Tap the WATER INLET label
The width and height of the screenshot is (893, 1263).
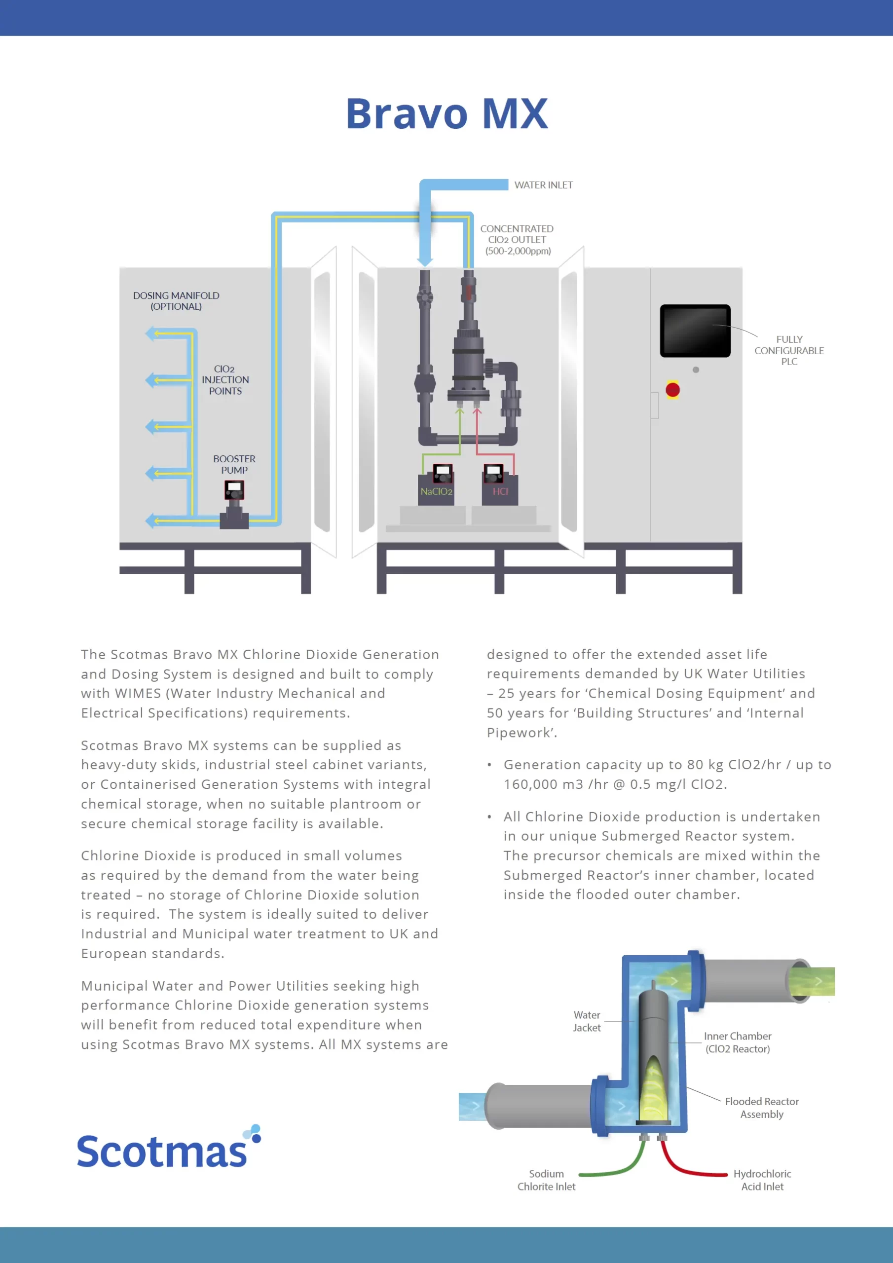pyautogui.click(x=543, y=186)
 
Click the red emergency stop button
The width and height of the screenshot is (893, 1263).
pyautogui.click(x=672, y=390)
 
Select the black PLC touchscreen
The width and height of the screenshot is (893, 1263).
pyautogui.click(x=695, y=331)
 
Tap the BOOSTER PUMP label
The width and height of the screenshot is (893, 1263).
pyautogui.click(x=234, y=464)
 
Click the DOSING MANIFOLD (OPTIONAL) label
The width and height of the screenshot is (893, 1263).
pyautogui.click(x=176, y=301)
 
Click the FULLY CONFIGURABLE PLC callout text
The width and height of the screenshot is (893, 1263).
pyautogui.click(x=789, y=350)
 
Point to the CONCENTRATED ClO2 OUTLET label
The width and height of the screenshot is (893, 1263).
pyautogui.click(x=517, y=239)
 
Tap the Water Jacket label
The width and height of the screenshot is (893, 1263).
pyautogui.click(x=587, y=1021)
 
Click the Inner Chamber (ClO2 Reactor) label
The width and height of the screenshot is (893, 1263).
pyautogui.click(x=737, y=1042)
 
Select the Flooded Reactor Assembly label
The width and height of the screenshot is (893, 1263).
pyautogui.click(x=761, y=1107)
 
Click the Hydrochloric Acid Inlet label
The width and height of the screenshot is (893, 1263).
pyautogui.click(x=762, y=1180)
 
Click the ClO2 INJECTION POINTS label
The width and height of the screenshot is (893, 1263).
pyautogui.click(x=225, y=379)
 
